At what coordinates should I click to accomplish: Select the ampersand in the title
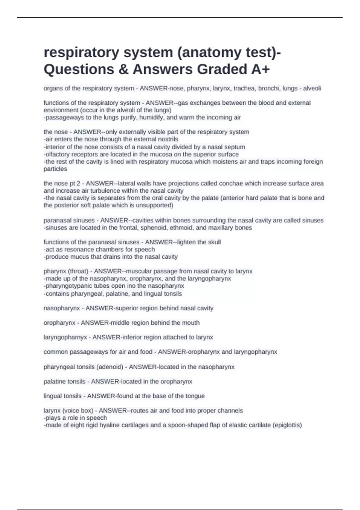point(123,69)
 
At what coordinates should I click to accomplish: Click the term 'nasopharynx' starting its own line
point(62,308)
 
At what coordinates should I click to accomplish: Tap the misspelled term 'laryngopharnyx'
point(65,337)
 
